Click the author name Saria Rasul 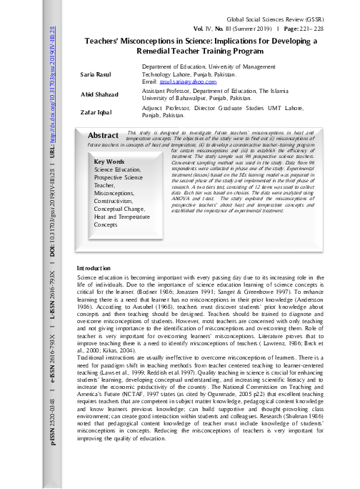click(x=96, y=74)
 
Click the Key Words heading click(x=111, y=162)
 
